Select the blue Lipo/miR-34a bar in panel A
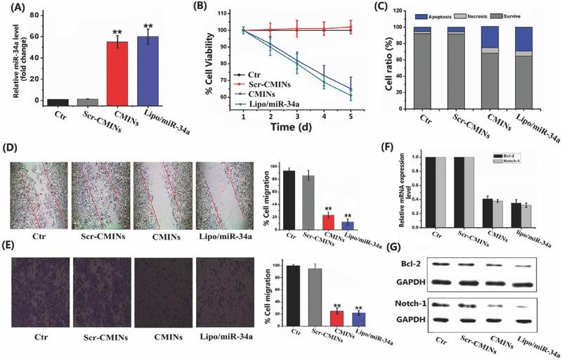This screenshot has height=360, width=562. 148,69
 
